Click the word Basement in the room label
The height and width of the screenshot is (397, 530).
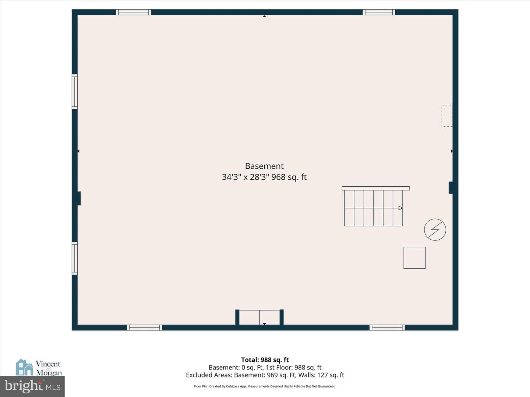(264, 166)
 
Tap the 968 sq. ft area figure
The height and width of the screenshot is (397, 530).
(289, 177)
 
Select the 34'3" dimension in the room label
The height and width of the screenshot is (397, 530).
(232, 177)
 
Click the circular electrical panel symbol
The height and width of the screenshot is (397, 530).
(435, 229)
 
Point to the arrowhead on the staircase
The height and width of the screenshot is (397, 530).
(400, 208)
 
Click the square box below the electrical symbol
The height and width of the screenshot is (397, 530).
(414, 258)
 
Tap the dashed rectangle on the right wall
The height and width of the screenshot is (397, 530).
(447, 116)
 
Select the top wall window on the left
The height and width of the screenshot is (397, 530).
(134, 12)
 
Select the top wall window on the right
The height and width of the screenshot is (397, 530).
(379, 12)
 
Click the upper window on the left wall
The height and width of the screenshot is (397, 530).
(75, 92)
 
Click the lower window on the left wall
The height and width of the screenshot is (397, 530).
(75, 258)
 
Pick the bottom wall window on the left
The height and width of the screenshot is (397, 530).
(145, 327)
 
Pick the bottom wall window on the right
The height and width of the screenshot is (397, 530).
(387, 327)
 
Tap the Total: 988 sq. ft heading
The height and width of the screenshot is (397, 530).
(265, 360)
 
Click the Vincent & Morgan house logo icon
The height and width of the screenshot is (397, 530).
(24, 367)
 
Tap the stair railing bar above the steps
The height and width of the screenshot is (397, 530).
(376, 188)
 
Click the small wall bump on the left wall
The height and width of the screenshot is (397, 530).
(79, 198)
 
